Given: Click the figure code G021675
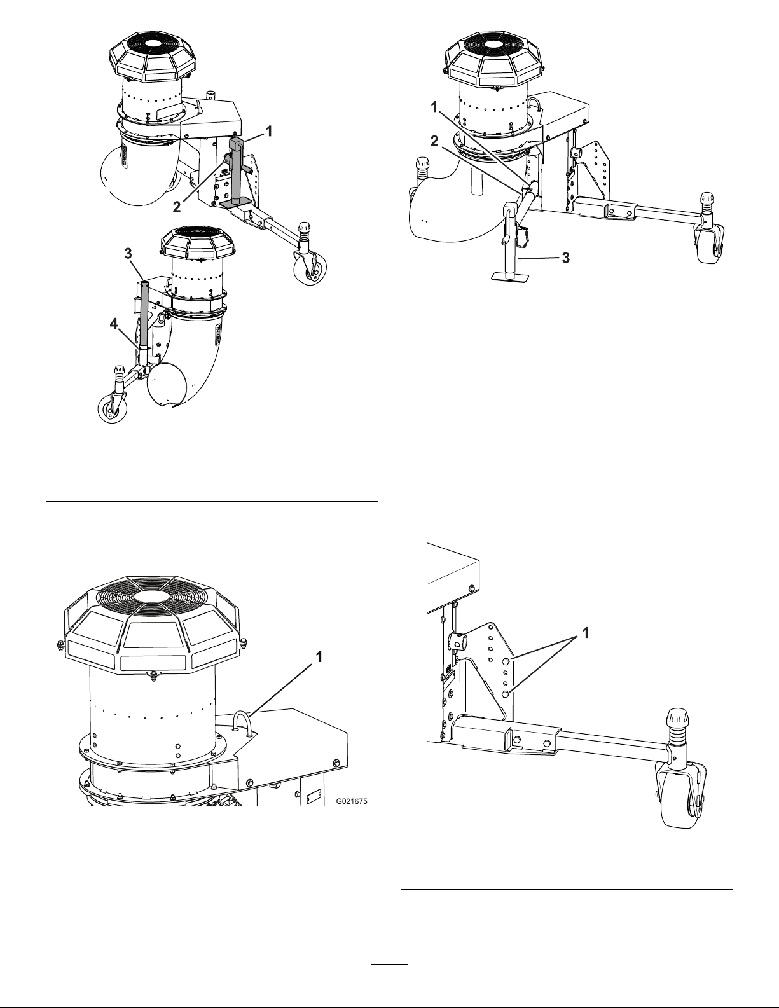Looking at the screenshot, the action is (x=352, y=801).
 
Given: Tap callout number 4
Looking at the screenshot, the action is (x=114, y=324).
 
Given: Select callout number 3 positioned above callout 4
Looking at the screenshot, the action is (x=128, y=254).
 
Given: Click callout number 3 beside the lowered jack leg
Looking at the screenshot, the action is (x=566, y=258).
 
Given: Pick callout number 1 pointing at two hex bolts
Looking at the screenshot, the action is (x=586, y=632).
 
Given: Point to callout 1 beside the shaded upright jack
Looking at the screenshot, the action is (x=269, y=131).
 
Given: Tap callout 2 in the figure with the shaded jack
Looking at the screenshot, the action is (x=177, y=207).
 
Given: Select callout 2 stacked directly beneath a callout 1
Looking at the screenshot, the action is (x=434, y=141).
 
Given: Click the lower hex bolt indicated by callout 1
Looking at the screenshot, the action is (x=506, y=694).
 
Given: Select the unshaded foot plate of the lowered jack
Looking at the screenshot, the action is (x=510, y=277).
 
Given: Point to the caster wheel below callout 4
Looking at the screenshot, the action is (x=112, y=410).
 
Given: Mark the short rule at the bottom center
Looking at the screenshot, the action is (x=389, y=961).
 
